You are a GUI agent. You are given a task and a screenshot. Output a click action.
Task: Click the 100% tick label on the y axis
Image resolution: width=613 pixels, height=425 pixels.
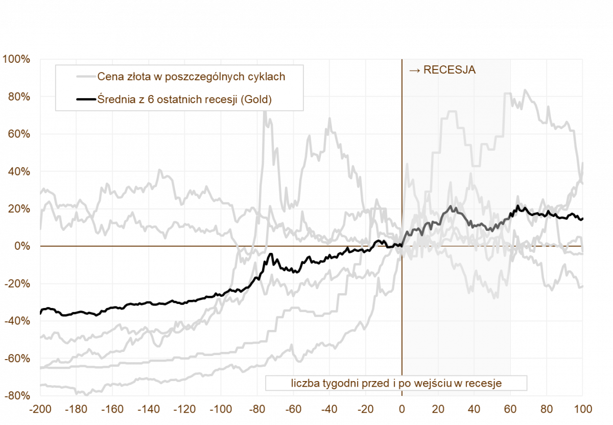pyautogui.click(x=16, y=59)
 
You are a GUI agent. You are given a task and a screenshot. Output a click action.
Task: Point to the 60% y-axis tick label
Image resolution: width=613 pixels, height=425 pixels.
pyautogui.click(x=18, y=134)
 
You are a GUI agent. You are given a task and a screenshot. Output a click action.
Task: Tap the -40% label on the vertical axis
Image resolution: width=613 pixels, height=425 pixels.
pyautogui.click(x=17, y=321)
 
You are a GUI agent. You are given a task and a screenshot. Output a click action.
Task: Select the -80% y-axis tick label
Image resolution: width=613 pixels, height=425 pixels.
pyautogui.click(x=17, y=396)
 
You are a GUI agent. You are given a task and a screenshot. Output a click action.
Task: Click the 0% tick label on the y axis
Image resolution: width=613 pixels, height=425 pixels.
pyautogui.click(x=21, y=246)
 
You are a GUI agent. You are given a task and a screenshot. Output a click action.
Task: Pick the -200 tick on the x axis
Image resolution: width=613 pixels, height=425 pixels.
pyautogui.click(x=41, y=410)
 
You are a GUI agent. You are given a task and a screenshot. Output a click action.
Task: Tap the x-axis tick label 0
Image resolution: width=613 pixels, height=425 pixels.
pyautogui.click(x=402, y=410)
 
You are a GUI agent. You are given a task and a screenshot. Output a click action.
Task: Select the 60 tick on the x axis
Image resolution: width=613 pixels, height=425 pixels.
pyautogui.click(x=510, y=410)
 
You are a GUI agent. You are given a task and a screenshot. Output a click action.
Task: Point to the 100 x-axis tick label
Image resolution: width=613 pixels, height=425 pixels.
pyautogui.click(x=582, y=410)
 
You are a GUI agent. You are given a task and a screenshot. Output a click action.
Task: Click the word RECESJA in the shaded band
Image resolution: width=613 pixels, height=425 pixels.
pyautogui.click(x=450, y=70)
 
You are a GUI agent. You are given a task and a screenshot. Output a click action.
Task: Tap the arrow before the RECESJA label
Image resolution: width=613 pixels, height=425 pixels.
pyautogui.click(x=414, y=70)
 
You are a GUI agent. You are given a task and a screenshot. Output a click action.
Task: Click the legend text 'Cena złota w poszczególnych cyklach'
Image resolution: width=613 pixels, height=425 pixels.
pyautogui.click(x=191, y=77)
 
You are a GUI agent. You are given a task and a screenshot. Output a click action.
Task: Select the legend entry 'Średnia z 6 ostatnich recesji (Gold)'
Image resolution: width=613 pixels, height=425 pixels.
pyautogui.click(x=184, y=100)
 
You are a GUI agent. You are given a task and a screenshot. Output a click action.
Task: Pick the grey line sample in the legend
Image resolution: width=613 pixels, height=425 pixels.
pyautogui.click(x=86, y=77)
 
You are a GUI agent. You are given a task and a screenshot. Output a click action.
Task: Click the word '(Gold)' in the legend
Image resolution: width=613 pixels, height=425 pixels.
pyautogui.click(x=256, y=100)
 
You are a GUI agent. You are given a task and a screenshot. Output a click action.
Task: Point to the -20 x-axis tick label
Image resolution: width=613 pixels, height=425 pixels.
pyautogui.click(x=365, y=410)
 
